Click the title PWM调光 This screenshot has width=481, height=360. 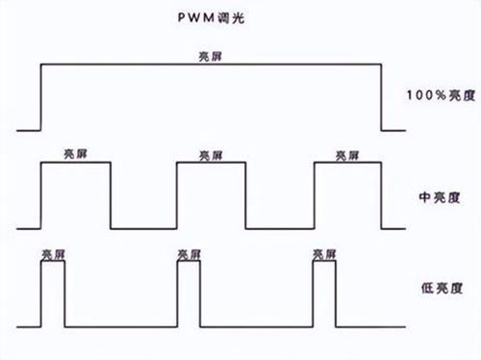tap(211, 18)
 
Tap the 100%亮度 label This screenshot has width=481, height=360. tap(441, 95)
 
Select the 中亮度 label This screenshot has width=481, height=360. tap(440, 197)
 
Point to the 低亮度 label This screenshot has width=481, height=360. tap(442, 288)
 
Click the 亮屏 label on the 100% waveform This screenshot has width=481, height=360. tap(211, 57)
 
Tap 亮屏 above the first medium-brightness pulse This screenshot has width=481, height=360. tap(75, 154)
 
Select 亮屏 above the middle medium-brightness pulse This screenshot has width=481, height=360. tap(211, 156)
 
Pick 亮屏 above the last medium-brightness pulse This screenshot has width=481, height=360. tap(347, 156)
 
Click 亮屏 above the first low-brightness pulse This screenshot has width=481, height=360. tap(53, 255)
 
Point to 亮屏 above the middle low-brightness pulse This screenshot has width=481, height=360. tap(189, 255)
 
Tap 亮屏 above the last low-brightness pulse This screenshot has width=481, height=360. tap(324, 255)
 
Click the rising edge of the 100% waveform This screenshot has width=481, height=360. tap(40, 97)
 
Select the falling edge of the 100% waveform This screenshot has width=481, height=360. tap(381, 97)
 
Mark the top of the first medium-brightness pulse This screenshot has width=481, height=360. tap(76, 163)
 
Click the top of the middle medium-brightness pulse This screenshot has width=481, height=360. tap(212, 163)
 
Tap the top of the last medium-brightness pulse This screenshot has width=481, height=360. tap(348, 163)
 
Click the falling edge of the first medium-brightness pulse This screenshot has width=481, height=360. tap(111, 195)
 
